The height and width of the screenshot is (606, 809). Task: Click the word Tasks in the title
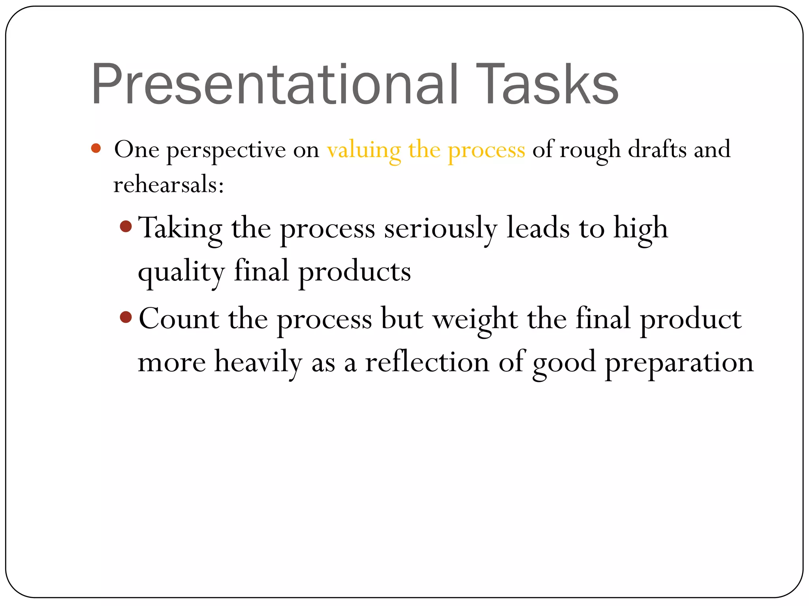[547, 85]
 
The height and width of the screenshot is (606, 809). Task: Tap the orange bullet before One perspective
[96, 149]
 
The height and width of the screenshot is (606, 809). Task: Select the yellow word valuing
[364, 150]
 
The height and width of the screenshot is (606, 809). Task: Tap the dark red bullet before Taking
[126, 226]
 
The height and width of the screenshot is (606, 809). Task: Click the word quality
[181, 273]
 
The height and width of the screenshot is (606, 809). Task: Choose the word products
[354, 272]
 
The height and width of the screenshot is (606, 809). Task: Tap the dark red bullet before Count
[126, 317]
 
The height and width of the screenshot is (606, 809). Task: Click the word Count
[179, 319]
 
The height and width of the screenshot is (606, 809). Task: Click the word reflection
[427, 362]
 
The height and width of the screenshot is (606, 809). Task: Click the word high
[640, 229]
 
